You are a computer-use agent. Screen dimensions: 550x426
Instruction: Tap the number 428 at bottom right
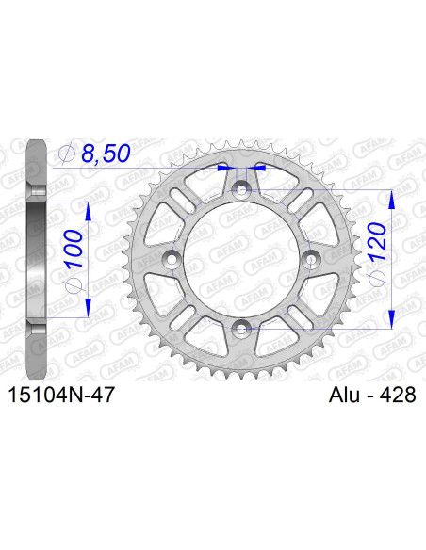coord(393,397)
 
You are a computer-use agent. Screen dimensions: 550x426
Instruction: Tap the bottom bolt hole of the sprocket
coord(243,327)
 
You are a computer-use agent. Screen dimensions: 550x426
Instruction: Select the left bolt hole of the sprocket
coord(174,259)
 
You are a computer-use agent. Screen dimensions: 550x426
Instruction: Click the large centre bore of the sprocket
coord(243,259)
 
